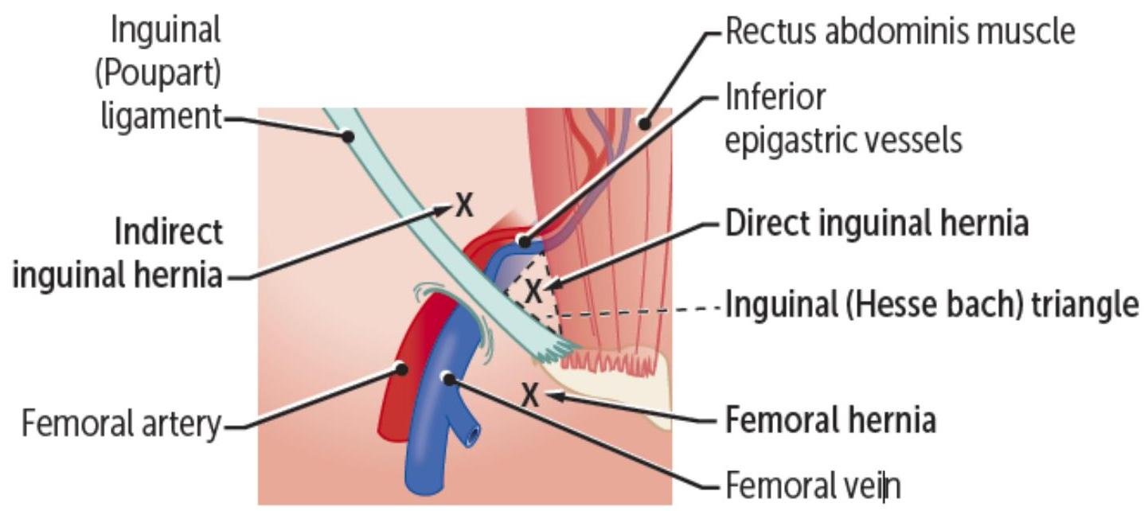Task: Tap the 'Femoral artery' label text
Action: [x=119, y=423]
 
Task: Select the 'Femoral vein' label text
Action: [x=813, y=483]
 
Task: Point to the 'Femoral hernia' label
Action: [x=830, y=419]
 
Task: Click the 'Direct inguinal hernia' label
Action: [x=877, y=224]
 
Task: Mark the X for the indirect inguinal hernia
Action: [x=463, y=206]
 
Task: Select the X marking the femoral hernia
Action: [x=529, y=393]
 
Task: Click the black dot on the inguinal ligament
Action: [x=348, y=137]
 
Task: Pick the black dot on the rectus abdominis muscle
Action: [x=642, y=123]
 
